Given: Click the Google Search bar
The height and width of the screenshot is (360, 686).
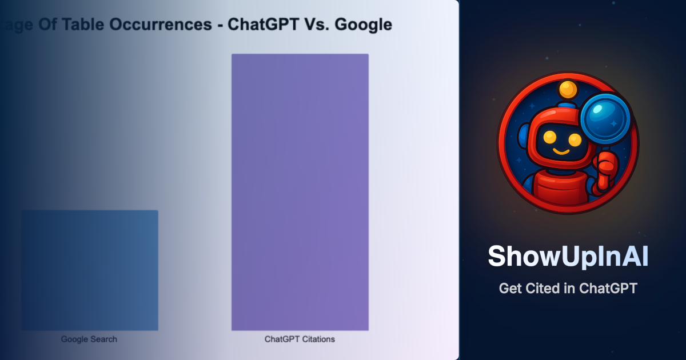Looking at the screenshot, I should (90, 270).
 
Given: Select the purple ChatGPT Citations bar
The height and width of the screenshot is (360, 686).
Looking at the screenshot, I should (300, 192).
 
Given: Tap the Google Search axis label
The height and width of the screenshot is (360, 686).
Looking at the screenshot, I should (89, 339).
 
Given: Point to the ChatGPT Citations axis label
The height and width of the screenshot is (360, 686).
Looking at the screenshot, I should (300, 339).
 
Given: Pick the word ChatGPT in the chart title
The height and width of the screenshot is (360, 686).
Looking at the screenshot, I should (262, 25).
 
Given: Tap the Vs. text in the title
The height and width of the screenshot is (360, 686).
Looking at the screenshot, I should (318, 25).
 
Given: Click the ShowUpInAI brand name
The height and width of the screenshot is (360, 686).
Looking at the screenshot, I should (568, 257).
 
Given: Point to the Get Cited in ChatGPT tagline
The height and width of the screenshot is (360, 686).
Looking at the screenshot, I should (568, 289).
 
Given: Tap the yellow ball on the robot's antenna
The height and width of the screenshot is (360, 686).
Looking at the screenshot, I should (568, 89).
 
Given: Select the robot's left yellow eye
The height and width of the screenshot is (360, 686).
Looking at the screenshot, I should (550, 137).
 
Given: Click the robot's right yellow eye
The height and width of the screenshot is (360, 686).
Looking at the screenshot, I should (575, 139).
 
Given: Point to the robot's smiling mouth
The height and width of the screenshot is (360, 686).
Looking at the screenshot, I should (561, 152).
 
